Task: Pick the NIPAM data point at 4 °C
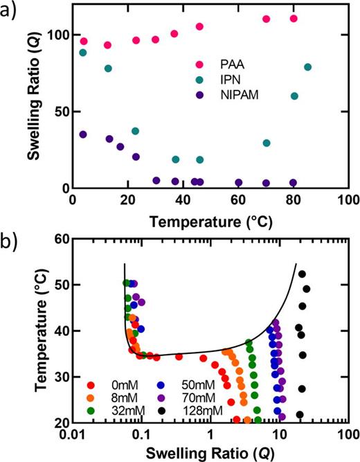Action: [x=83, y=134]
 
